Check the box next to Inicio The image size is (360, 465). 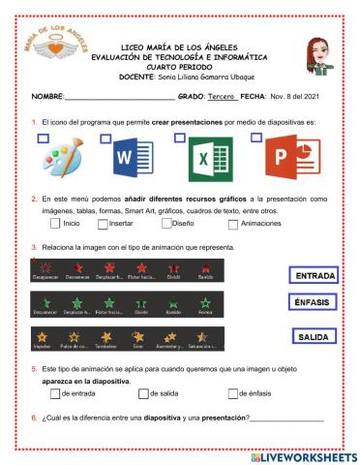(x=55, y=224)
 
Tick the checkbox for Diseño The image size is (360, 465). (x=165, y=224)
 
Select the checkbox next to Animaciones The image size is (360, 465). (x=233, y=224)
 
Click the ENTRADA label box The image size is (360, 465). (x=313, y=275)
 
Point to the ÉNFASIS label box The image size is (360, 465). (x=313, y=302)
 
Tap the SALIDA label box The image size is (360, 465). (x=313, y=337)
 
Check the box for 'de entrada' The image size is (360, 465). (x=53, y=393)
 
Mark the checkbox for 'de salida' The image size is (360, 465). (x=142, y=393)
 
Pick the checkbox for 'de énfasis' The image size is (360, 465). (x=232, y=393)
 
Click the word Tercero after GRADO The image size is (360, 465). (x=222, y=97)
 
